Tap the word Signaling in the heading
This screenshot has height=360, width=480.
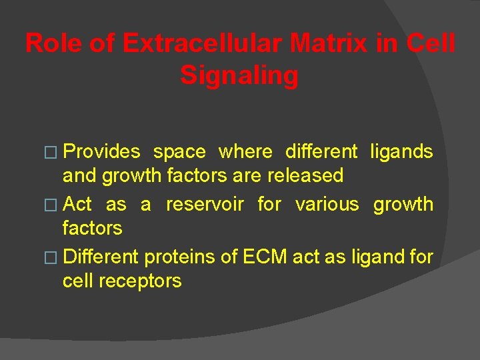pyautogui.click(x=239, y=75)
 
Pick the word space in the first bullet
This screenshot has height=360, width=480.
pyautogui.click(x=179, y=152)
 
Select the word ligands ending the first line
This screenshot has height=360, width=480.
pyautogui.click(x=402, y=152)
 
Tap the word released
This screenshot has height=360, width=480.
pyautogui.click(x=305, y=176)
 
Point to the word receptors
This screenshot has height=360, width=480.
pyautogui.click(x=140, y=281)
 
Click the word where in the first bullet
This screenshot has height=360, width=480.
pyautogui.click(x=245, y=152)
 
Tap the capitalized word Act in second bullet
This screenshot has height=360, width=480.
pyautogui.click(x=77, y=204)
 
